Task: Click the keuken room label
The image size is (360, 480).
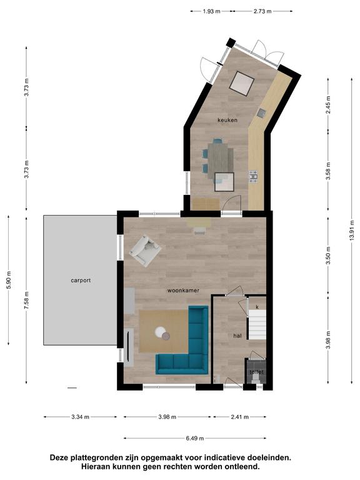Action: [227, 120]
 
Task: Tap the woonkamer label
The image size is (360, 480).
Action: [183, 290]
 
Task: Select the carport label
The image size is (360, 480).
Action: [81, 281]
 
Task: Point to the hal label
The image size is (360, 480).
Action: [237, 336]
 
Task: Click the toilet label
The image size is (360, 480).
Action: [256, 372]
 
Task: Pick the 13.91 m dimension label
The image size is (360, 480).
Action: [352, 230]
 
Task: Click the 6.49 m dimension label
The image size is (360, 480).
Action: [195, 438]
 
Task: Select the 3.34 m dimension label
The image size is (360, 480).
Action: [80, 417]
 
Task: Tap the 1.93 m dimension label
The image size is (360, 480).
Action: [211, 11]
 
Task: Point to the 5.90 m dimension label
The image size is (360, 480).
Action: [9, 280]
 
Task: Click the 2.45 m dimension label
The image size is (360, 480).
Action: [328, 105]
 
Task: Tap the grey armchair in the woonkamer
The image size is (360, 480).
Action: [145, 250]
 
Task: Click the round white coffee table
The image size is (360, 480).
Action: [160, 331]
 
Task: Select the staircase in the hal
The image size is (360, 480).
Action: [257, 324]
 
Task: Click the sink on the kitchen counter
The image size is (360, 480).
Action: [261, 113]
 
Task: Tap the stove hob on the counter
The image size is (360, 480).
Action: [254, 177]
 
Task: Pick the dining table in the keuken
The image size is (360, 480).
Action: [221, 161]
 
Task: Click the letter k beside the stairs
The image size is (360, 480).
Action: [257, 307]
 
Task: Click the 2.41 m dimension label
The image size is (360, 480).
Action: [240, 417]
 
